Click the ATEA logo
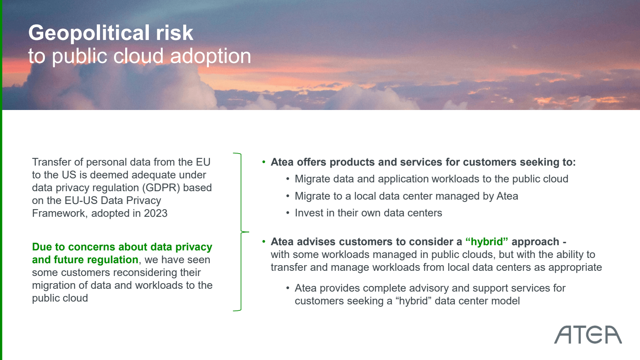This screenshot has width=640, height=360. (588, 334)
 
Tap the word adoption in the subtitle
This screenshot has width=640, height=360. (210, 56)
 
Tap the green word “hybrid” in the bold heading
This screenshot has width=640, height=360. (486, 242)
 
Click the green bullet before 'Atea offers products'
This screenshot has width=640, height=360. (264, 162)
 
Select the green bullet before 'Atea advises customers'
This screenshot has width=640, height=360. (264, 242)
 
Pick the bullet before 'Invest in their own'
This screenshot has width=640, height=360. (288, 213)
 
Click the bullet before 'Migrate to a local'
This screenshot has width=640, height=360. (288, 196)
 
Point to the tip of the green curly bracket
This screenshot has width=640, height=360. (249, 232)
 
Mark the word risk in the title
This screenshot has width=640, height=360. (174, 32)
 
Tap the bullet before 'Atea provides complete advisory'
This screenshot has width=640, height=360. (288, 288)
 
